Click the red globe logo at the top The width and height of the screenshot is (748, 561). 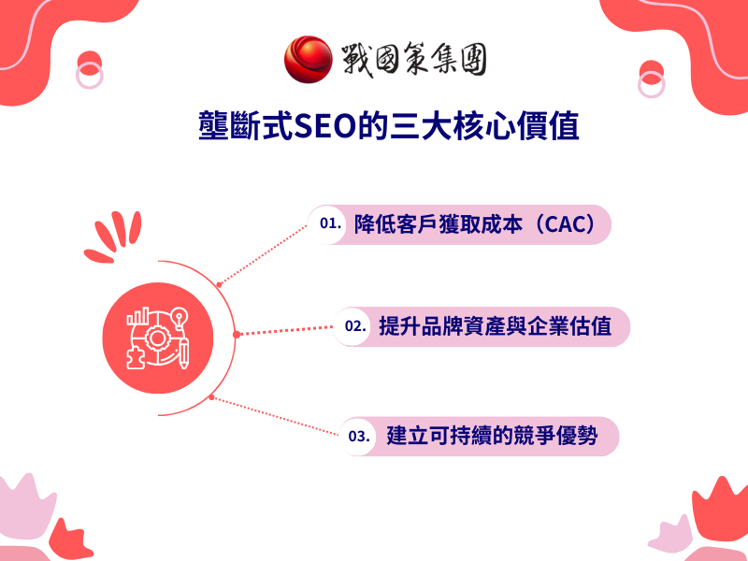[308, 58]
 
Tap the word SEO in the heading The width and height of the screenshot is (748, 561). [323, 125]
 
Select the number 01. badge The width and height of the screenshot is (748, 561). [329, 224]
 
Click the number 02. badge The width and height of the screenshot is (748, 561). [354, 327]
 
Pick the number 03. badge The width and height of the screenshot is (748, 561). [359, 437]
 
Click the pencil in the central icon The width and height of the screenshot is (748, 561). [186, 350]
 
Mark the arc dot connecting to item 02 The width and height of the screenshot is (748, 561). [237, 333]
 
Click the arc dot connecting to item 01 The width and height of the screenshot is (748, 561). [219, 283]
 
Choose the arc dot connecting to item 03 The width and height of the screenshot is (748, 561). [212, 397]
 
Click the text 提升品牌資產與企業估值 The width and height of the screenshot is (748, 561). [496, 327]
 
